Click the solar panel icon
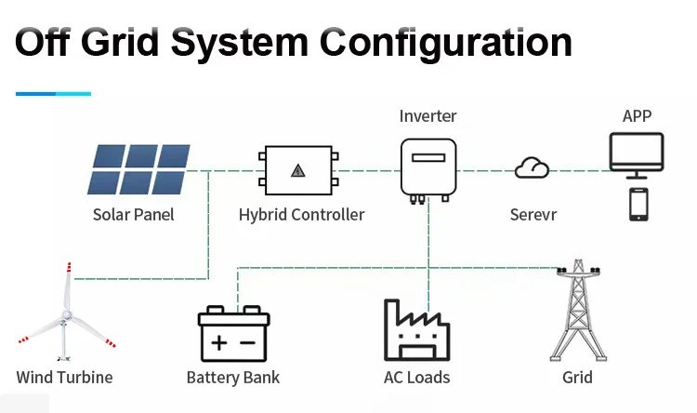tap(139, 169)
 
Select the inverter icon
tap(428, 169)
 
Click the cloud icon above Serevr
tap(533, 168)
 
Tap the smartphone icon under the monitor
tap(638, 205)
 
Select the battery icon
tap(233, 334)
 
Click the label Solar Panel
tap(134, 215)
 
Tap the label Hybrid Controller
tap(301, 215)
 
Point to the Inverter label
tap(428, 116)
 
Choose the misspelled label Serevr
tap(534, 215)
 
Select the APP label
tap(637, 116)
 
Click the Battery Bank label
tap(233, 378)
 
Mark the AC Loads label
tap(416, 378)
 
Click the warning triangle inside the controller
tap(297, 170)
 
